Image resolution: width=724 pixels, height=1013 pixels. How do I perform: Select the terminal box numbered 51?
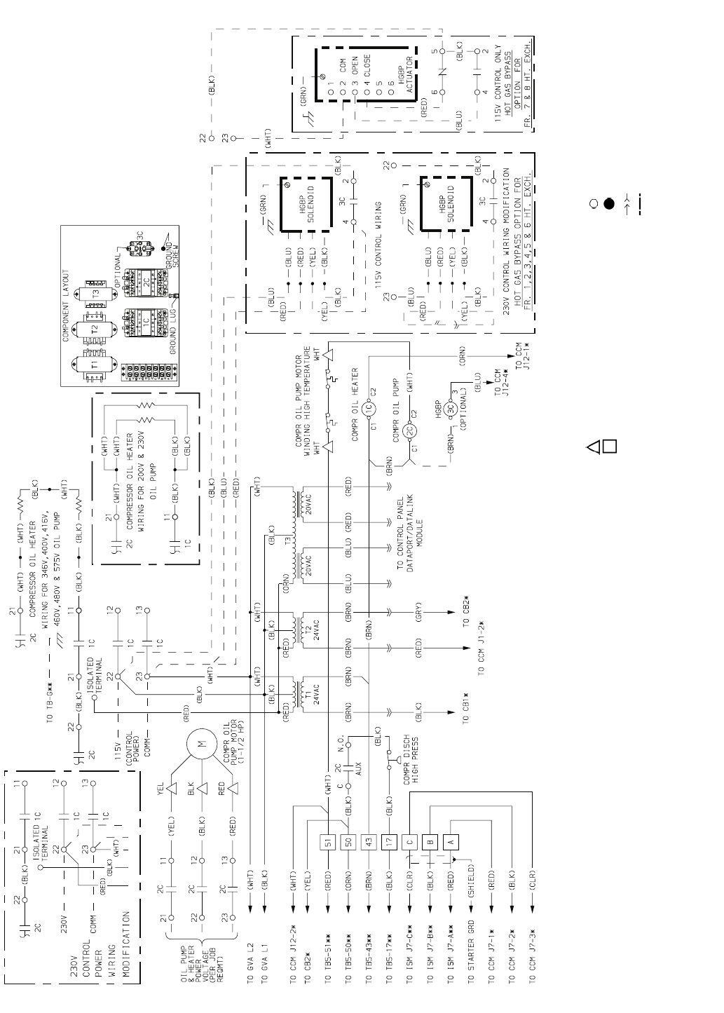point(329,841)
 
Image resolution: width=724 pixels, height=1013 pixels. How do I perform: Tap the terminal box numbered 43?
point(370,841)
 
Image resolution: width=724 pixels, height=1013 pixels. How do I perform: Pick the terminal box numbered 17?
point(390,841)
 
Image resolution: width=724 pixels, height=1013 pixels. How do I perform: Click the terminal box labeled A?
point(451,841)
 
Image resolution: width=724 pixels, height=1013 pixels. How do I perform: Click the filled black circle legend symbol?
point(609,203)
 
